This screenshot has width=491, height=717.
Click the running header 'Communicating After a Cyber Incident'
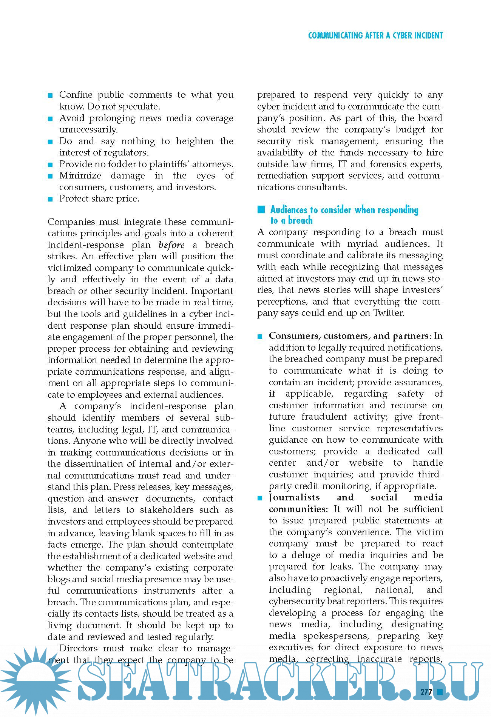coord(375,35)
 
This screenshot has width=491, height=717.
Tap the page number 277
coord(426,692)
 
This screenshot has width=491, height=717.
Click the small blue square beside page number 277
coord(439,691)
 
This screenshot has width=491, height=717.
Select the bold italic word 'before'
coord(171,245)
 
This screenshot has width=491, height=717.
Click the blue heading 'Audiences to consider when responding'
coord(344,210)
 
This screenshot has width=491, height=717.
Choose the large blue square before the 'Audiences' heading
coord(261,210)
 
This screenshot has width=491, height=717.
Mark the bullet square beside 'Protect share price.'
coord(50,199)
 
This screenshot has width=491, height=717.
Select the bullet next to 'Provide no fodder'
coord(50,165)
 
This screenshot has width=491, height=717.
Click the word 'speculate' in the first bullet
coord(137,106)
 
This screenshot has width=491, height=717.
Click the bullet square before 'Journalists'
coord(260,498)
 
